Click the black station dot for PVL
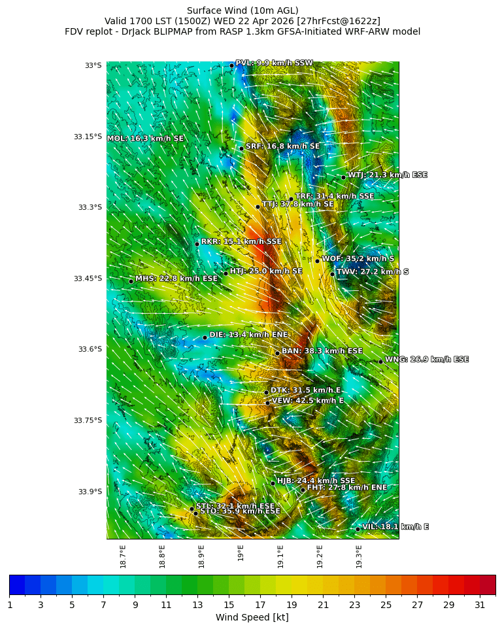pyautogui.click(x=231, y=65)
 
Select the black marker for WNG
pyautogui.click(x=380, y=362)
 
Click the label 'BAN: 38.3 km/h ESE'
pyautogui.click(x=322, y=351)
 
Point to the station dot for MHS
pyautogui.click(x=131, y=282)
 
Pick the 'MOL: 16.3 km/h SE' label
pyautogui.click(x=145, y=139)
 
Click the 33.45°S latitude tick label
pyautogui.click(x=88, y=279)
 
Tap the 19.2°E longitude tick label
pyautogui.click(x=320, y=556)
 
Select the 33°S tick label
pyautogui.click(x=93, y=65)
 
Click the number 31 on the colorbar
pyautogui.click(x=480, y=605)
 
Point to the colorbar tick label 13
pyautogui.click(x=197, y=605)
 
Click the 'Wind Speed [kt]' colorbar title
pyautogui.click(x=252, y=618)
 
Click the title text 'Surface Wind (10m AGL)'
pyautogui.click(x=243, y=10)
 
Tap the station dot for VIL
pyautogui.click(x=358, y=529)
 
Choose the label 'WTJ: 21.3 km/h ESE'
pyautogui.click(x=387, y=175)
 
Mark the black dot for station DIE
pyautogui.click(x=205, y=337)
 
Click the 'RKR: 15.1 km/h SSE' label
pyautogui.click(x=241, y=242)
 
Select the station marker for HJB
pyautogui.click(x=273, y=483)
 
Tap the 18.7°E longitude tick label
pyautogui.click(x=123, y=556)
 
